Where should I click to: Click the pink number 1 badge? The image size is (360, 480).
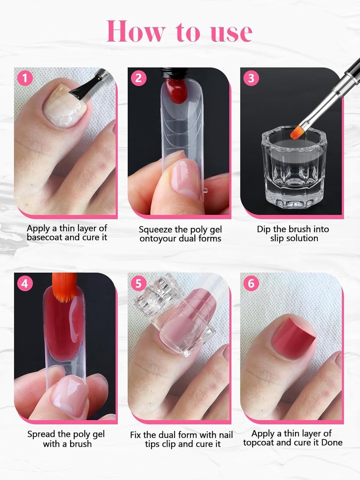[x=25, y=78]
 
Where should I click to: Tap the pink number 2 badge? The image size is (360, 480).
[x=138, y=78]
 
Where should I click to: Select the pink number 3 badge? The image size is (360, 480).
[x=251, y=78]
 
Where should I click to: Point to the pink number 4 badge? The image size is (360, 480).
[x=25, y=284]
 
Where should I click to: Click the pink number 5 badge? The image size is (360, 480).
[x=138, y=284]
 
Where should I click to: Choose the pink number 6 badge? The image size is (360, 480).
[x=251, y=284]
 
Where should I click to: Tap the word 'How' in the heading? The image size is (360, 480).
[x=135, y=31]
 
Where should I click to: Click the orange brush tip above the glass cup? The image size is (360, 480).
[x=296, y=132]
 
